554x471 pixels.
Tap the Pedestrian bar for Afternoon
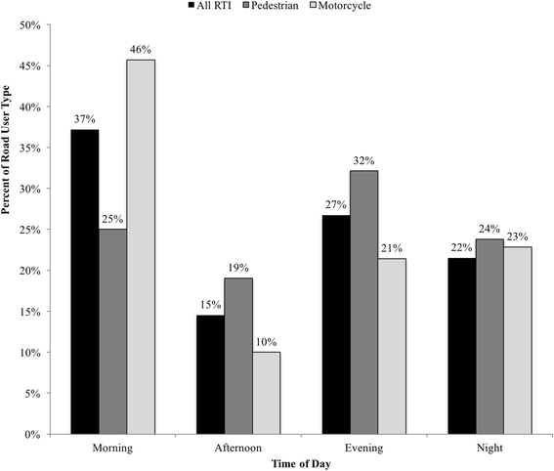coord(238,356)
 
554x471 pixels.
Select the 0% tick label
coord(35,434)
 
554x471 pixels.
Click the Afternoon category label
coord(237,447)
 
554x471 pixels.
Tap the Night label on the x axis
coord(489,447)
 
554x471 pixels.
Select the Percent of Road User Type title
coord(9,229)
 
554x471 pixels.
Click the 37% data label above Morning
coord(84,120)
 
